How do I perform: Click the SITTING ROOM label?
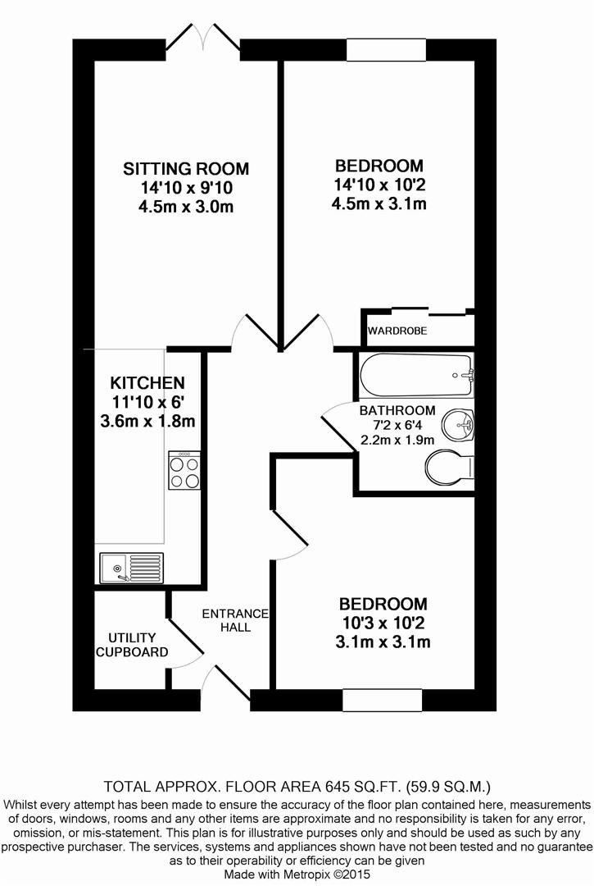pos(186,169)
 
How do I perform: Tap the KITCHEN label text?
pos(147,383)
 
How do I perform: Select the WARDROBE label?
pos(397,331)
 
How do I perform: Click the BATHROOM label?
pos(397,410)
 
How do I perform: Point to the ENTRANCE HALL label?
pos(235,620)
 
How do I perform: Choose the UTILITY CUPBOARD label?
pos(133,645)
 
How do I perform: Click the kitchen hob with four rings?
pos(185,471)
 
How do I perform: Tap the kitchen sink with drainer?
pos(131,566)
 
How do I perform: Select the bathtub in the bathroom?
pos(416,375)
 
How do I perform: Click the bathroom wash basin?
pos(456,425)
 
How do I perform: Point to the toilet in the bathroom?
pos(449,468)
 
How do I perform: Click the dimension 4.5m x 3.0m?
pos(186,207)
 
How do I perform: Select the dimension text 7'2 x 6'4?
pos(397,425)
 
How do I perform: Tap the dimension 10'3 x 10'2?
pos(383,623)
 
